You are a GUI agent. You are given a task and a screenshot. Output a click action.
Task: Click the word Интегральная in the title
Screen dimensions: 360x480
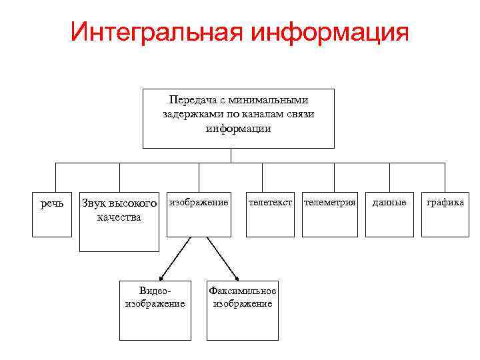153,32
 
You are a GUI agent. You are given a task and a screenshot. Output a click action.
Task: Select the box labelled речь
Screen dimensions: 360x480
52,213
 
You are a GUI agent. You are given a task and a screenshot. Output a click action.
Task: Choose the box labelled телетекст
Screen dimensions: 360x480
270,213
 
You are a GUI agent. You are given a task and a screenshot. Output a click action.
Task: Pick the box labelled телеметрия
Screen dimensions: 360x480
329,213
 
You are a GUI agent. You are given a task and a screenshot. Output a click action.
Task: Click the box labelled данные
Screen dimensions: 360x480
389,213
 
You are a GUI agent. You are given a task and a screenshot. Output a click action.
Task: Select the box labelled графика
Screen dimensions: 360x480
445,213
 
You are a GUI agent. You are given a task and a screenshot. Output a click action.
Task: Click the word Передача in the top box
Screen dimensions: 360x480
188,100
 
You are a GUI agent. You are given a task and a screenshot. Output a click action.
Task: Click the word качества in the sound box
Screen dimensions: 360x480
119,217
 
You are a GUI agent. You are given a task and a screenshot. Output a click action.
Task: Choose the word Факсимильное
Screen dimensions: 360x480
242,291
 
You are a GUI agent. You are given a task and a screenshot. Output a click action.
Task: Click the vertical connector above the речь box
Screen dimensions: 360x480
55,177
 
